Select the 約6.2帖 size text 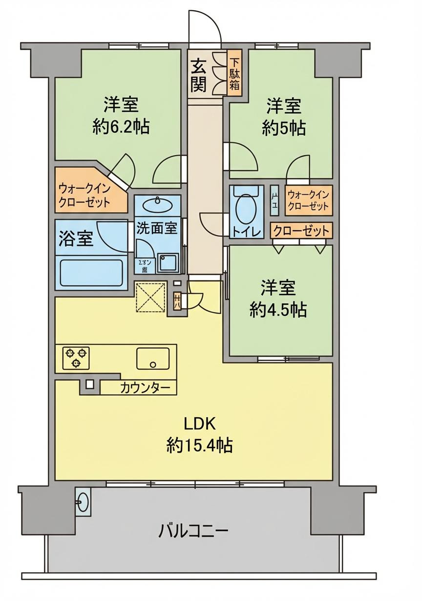point(121,127)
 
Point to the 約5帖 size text point(284,128)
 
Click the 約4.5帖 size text point(278,310)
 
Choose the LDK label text point(199,423)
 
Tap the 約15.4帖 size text point(199,445)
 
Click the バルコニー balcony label point(193,530)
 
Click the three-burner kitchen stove point(76,357)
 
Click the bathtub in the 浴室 point(91,273)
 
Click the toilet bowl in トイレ point(245,210)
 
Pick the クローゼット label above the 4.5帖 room point(301,230)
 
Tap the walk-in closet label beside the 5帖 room point(308,200)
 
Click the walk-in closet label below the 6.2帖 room point(85,196)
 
